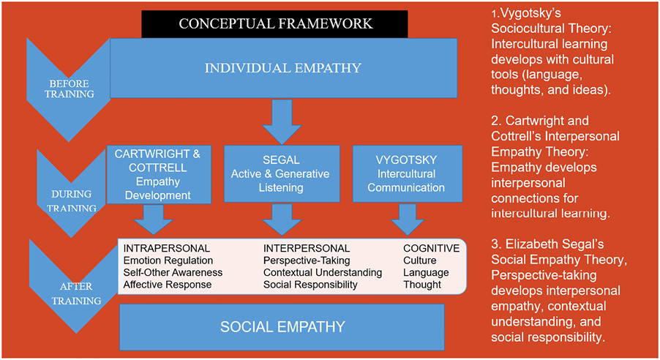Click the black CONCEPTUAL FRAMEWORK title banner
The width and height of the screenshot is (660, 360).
click(x=276, y=23)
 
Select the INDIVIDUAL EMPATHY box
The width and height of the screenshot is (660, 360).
click(x=283, y=68)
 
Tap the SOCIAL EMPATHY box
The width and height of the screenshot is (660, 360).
click(x=282, y=326)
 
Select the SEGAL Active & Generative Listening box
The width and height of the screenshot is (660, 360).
click(x=281, y=173)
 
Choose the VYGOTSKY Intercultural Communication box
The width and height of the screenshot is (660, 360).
click(x=405, y=173)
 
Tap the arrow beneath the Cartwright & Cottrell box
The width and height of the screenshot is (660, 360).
click(x=153, y=217)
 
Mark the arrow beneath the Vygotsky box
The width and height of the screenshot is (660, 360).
click(x=405, y=217)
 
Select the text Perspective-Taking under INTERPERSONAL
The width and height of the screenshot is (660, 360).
click(x=307, y=260)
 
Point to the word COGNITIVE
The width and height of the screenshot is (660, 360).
click(x=431, y=249)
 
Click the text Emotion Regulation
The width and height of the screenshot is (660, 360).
click(x=168, y=260)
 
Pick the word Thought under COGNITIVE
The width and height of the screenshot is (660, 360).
click(x=422, y=285)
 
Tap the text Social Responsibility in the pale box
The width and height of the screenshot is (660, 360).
click(x=310, y=285)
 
